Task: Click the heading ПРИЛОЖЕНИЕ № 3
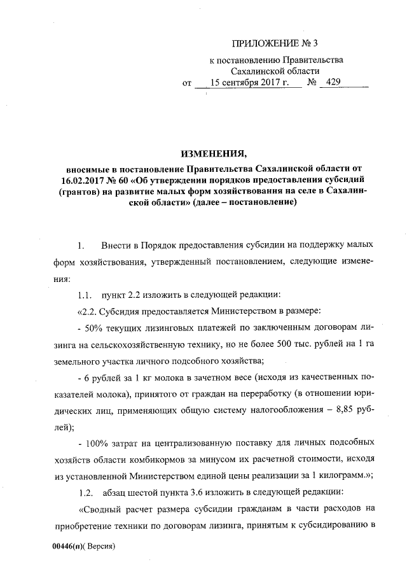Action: click(x=274, y=43)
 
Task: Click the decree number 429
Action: click(x=332, y=83)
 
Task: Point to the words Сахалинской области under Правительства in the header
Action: click(x=275, y=71)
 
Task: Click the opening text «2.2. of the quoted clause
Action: click(x=88, y=311)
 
